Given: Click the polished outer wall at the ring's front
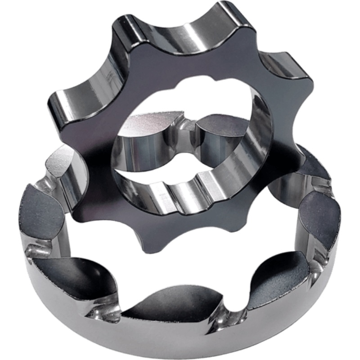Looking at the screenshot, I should (180, 342).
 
